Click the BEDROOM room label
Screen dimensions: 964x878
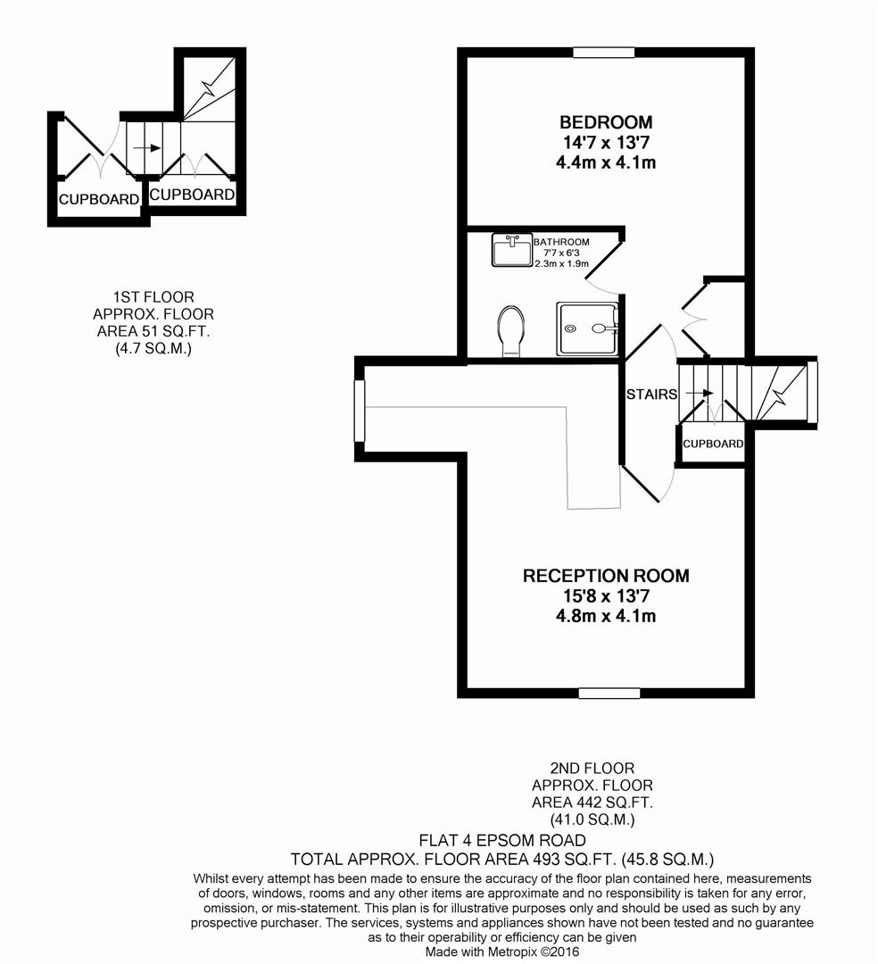tap(606, 122)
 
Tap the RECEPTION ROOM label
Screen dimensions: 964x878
tap(606, 576)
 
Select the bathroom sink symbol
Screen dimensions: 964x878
tap(511, 250)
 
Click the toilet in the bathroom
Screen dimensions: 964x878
tap(511, 331)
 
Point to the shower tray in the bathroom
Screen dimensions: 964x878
tap(587, 328)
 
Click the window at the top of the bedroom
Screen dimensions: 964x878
tap(604, 53)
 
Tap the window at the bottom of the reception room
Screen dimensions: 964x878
tap(609, 693)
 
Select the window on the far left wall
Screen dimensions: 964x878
tap(360, 411)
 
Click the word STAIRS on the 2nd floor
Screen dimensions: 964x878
tap(650, 394)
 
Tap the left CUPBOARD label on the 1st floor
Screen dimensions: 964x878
tap(98, 199)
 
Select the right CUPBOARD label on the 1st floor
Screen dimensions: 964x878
tap(192, 194)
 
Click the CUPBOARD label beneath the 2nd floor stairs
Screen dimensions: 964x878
tap(713, 444)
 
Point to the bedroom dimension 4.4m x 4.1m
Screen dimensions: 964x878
tap(606, 162)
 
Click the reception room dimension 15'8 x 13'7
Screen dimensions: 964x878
tap(606, 596)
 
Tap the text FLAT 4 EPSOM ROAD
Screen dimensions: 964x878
tap(502, 841)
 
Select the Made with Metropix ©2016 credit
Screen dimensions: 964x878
tap(501, 952)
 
